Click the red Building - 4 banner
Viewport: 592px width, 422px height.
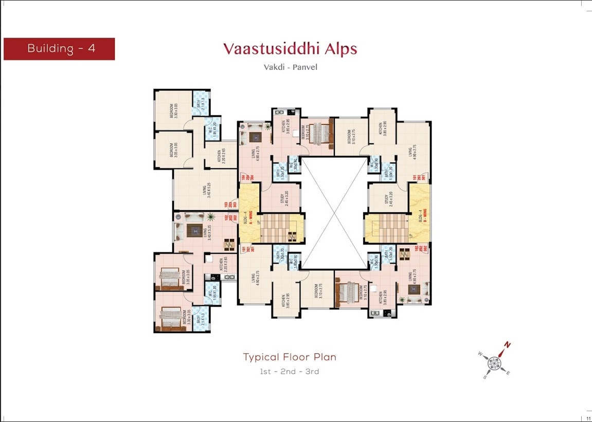(x=59, y=49)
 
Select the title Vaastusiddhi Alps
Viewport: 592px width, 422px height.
(x=290, y=49)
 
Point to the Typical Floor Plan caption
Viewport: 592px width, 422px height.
(x=290, y=357)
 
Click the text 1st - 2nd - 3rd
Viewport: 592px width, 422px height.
(x=290, y=371)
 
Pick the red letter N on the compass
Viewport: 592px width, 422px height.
(x=507, y=345)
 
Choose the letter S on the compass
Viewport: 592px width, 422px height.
(x=485, y=377)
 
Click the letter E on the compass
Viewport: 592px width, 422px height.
(x=508, y=373)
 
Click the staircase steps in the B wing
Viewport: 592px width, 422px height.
(x=390, y=229)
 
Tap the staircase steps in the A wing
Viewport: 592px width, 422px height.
(x=279, y=229)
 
